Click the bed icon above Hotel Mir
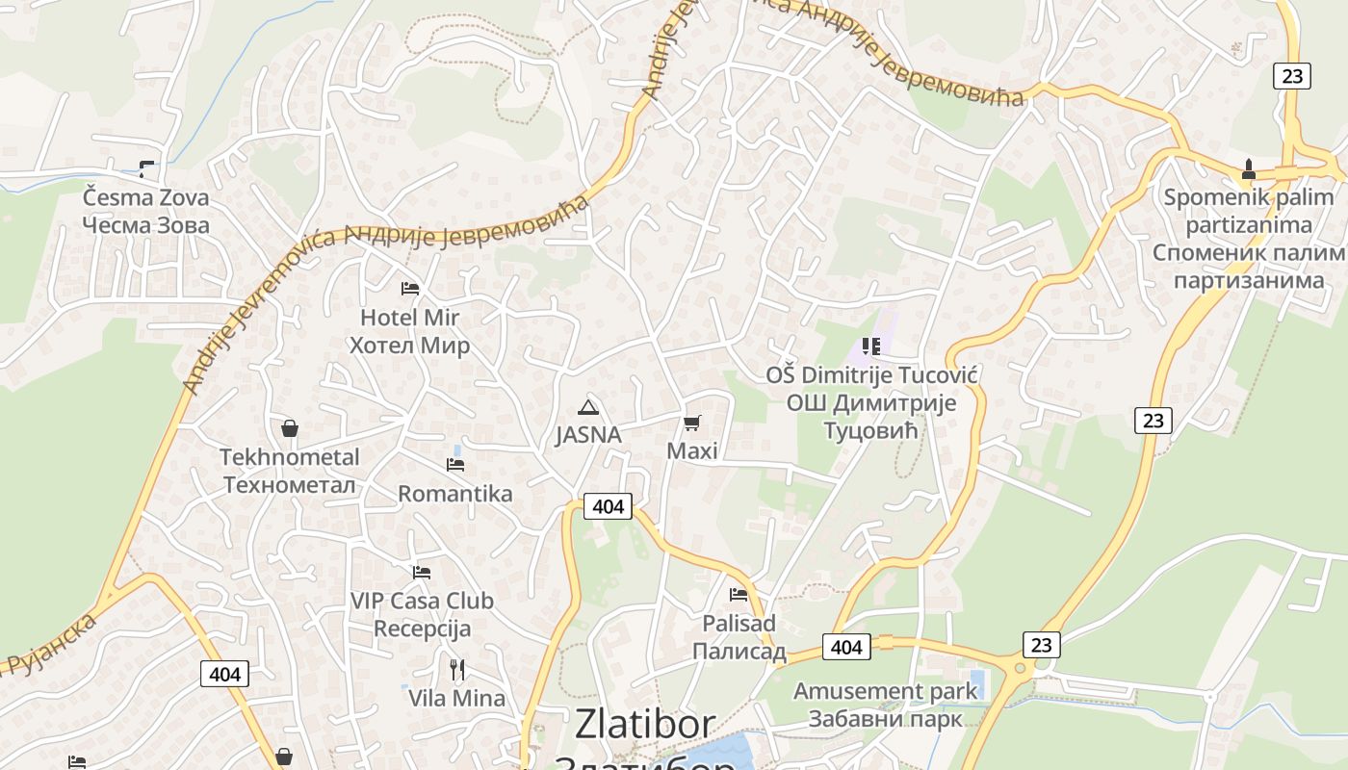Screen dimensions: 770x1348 pyautogui.click(x=410, y=288)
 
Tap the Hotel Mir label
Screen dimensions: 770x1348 pyautogui.click(x=409, y=331)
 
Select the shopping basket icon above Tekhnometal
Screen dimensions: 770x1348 pyautogui.click(x=289, y=428)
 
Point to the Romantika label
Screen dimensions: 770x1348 pyautogui.click(x=455, y=494)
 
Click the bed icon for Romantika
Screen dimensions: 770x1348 pyautogui.click(x=455, y=465)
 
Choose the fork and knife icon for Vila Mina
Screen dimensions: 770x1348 pyautogui.click(x=457, y=669)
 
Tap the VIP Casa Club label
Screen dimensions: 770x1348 pyautogui.click(x=422, y=614)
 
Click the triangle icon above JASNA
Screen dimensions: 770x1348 pyautogui.click(x=588, y=407)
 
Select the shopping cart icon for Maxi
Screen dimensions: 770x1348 pyautogui.click(x=691, y=423)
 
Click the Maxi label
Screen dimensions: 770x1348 pyautogui.click(x=692, y=450)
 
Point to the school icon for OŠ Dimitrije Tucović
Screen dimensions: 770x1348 pyautogui.click(x=871, y=346)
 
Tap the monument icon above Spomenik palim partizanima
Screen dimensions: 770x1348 pyautogui.click(x=1249, y=169)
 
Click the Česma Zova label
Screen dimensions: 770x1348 pyautogui.click(x=145, y=212)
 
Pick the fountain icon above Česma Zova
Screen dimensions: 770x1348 pyautogui.click(x=146, y=169)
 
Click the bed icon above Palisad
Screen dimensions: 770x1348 pyautogui.click(x=739, y=594)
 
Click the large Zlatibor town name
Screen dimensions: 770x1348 pyautogui.click(x=645, y=724)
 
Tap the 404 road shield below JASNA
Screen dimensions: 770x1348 pyautogui.click(x=608, y=505)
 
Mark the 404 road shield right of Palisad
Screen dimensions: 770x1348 pyautogui.click(x=846, y=647)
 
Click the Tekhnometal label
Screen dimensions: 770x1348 pyautogui.click(x=290, y=471)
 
